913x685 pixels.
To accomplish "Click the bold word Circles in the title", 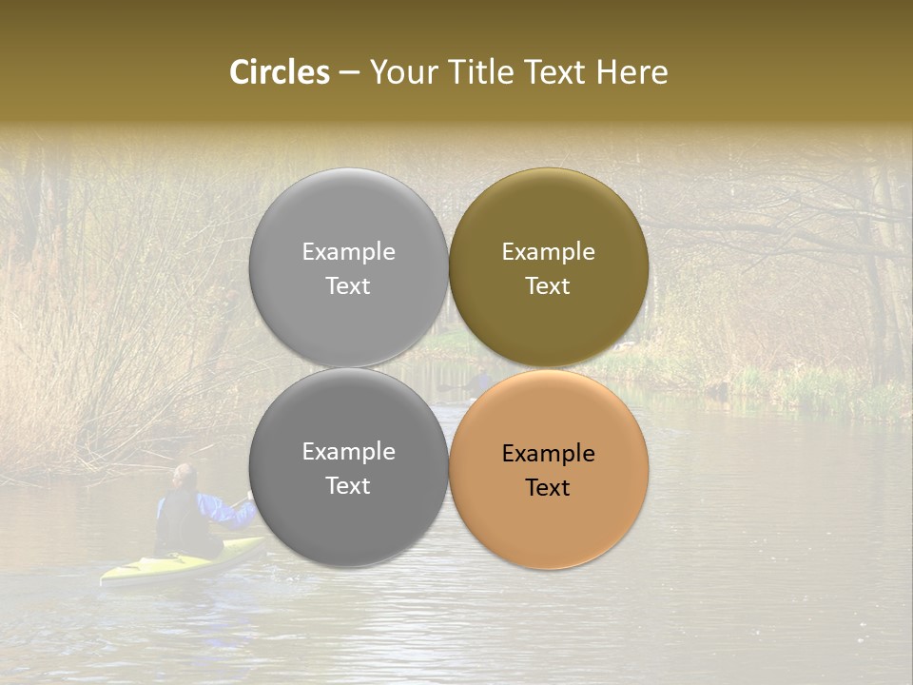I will (x=279, y=72).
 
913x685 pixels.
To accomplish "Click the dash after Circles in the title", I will (x=348, y=73).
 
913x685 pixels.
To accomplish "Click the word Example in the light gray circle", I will (x=348, y=252).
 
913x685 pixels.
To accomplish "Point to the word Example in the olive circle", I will (x=548, y=252).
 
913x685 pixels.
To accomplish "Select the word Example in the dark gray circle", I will (x=348, y=452).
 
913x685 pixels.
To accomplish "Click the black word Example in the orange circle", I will (x=548, y=454).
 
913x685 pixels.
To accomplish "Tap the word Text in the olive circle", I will (x=548, y=286).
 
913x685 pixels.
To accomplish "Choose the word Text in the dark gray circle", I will (x=348, y=486).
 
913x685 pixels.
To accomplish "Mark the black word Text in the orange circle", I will (x=548, y=488).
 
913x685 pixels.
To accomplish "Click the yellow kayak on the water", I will (x=181, y=563).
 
